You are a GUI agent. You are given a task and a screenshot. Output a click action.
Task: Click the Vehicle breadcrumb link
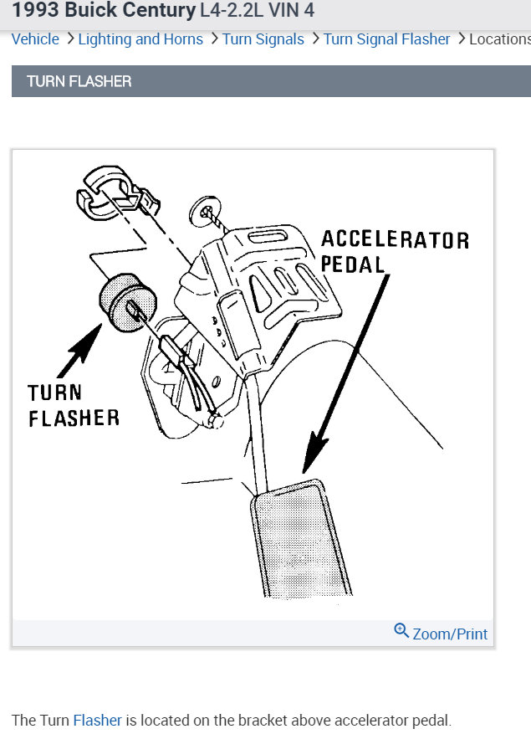pyautogui.click(x=35, y=39)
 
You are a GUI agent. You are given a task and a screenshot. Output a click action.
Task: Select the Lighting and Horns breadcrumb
pyautogui.click(x=140, y=39)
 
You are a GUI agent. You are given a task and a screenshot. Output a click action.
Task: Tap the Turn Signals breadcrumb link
pyautogui.click(x=263, y=39)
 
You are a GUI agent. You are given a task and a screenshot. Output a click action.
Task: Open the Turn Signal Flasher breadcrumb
pyautogui.click(x=386, y=39)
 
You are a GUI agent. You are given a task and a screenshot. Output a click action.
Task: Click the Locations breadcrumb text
pyautogui.click(x=499, y=39)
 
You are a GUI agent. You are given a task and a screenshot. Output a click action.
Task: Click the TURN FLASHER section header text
pyautogui.click(x=79, y=82)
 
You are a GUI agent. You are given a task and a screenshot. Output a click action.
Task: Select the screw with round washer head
pyautogui.click(x=205, y=209)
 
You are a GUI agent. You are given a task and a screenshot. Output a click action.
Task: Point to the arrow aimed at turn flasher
pyautogui.click(x=79, y=347)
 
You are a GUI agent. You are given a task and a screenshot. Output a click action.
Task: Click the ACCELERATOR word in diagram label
pyautogui.click(x=395, y=240)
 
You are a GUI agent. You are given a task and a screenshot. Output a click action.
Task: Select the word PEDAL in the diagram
pyautogui.click(x=352, y=264)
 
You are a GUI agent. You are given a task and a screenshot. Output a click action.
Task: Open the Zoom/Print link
pyautogui.click(x=450, y=634)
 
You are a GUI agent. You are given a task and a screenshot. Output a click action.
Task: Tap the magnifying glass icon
pyautogui.click(x=401, y=632)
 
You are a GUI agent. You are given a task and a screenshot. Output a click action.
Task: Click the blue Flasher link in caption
pyautogui.click(x=97, y=720)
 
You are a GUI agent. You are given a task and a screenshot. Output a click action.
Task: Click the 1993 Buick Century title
pyautogui.click(x=104, y=12)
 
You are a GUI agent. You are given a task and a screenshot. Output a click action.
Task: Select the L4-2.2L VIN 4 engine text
pyautogui.click(x=258, y=12)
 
